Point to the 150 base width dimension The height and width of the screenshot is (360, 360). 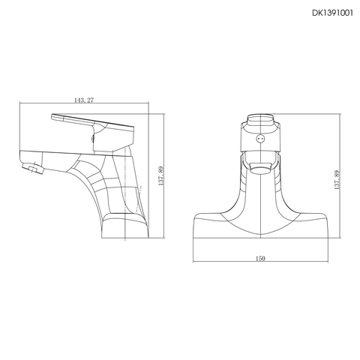259,258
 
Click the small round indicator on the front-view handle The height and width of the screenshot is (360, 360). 260,138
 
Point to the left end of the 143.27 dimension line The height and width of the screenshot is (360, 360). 17,105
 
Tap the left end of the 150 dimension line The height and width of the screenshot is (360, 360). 193,262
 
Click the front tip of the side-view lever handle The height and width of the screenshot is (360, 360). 53,118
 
